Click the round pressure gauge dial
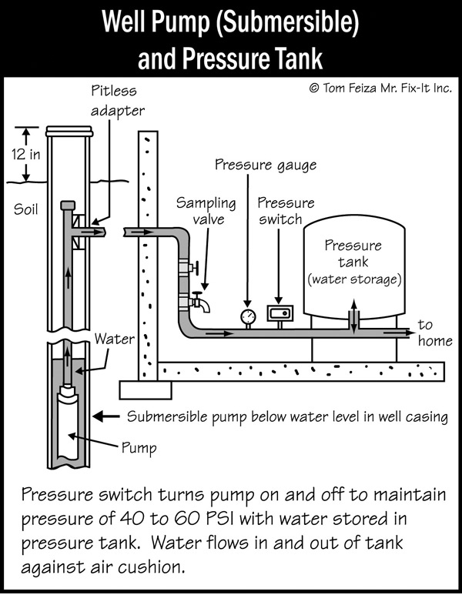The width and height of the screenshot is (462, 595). tap(247, 316)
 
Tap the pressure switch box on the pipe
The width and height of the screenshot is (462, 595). tap(279, 313)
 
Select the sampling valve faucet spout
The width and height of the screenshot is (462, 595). tap(202, 303)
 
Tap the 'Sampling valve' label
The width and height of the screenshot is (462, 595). tap(206, 210)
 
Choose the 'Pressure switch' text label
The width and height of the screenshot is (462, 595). tap(286, 210)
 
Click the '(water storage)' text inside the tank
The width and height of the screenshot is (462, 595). tap(353, 279)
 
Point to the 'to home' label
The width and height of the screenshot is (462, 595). tap(434, 333)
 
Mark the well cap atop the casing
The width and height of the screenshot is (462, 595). tap(69, 132)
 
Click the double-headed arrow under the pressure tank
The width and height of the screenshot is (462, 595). tap(353, 318)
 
